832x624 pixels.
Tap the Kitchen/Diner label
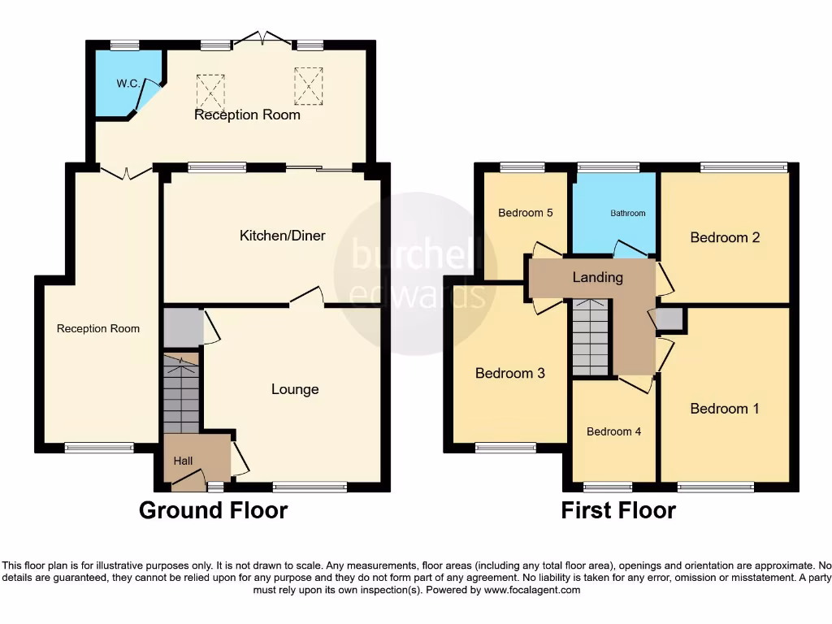[x=282, y=236]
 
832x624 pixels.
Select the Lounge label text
[x=295, y=389]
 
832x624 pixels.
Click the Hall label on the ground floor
[x=183, y=461]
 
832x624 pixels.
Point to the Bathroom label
[x=628, y=213]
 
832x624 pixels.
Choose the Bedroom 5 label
[x=526, y=213]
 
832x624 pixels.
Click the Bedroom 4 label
[x=613, y=431]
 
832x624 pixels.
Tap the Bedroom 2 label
[x=725, y=237]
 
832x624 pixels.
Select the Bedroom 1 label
[x=725, y=409]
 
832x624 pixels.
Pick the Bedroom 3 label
[x=509, y=374]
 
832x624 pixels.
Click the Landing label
[x=598, y=277]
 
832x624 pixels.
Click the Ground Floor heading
[x=213, y=510]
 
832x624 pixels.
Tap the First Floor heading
[x=618, y=510]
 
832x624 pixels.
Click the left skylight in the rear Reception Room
[x=210, y=90]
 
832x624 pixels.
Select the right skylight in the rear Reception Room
[x=308, y=85]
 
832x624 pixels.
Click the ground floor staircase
[x=181, y=395]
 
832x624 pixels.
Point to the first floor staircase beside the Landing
[x=591, y=337]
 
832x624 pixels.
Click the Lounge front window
[x=310, y=487]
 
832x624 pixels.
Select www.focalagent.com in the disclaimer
[x=532, y=591]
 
